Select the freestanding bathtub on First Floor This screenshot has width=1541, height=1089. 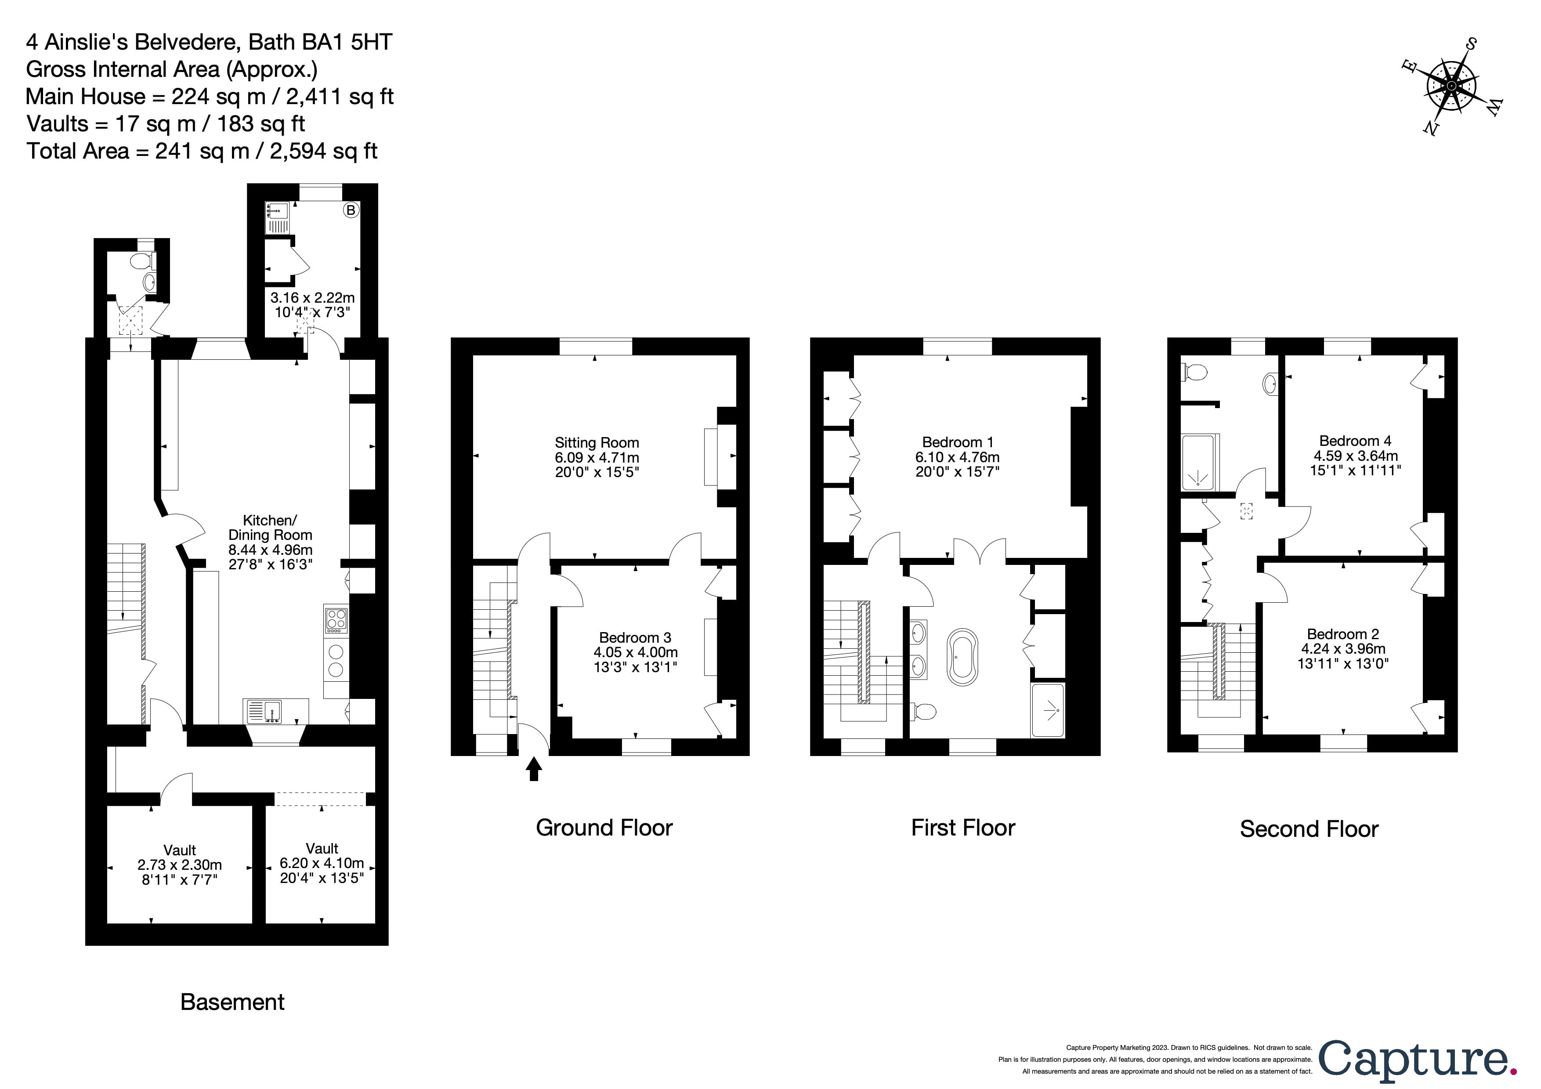click(x=963, y=657)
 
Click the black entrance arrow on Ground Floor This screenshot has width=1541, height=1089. click(x=534, y=769)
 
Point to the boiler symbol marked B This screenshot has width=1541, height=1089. click(x=351, y=210)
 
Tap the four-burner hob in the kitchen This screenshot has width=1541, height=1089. click(x=336, y=619)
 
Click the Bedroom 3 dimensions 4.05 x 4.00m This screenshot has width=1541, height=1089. click(x=635, y=652)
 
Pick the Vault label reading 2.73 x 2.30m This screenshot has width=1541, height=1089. click(x=179, y=865)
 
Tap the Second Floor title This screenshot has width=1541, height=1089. click(x=1308, y=829)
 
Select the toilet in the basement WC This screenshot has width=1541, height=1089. click(x=143, y=260)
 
